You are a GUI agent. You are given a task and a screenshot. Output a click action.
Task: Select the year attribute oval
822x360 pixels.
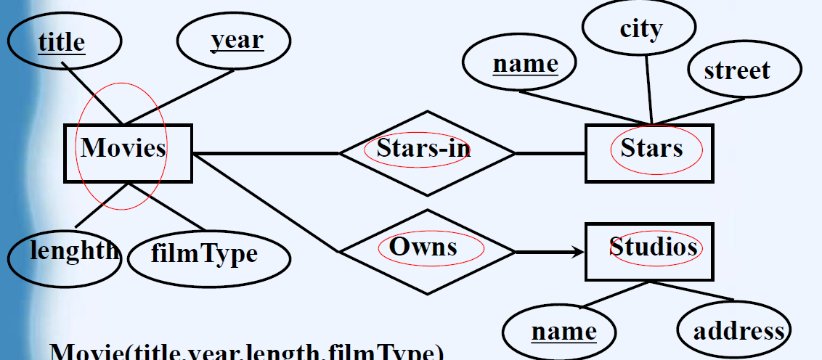coord(235,41)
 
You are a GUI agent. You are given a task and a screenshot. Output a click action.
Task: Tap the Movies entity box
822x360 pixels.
coord(128,152)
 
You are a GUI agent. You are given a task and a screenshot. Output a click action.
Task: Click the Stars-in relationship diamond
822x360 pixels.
coord(427,153)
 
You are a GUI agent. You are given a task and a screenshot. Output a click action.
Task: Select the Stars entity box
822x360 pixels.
coord(649,153)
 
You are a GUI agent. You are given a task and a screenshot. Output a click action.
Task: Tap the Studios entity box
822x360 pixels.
coord(649,251)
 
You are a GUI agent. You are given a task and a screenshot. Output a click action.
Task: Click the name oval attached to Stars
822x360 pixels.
coord(520,64)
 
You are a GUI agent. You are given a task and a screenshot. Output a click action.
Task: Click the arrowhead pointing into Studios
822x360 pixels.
coord(578,252)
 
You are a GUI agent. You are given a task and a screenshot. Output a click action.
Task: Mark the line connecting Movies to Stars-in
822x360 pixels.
coord(265,153)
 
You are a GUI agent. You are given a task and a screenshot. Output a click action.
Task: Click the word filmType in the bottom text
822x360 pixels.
coord(385,354)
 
